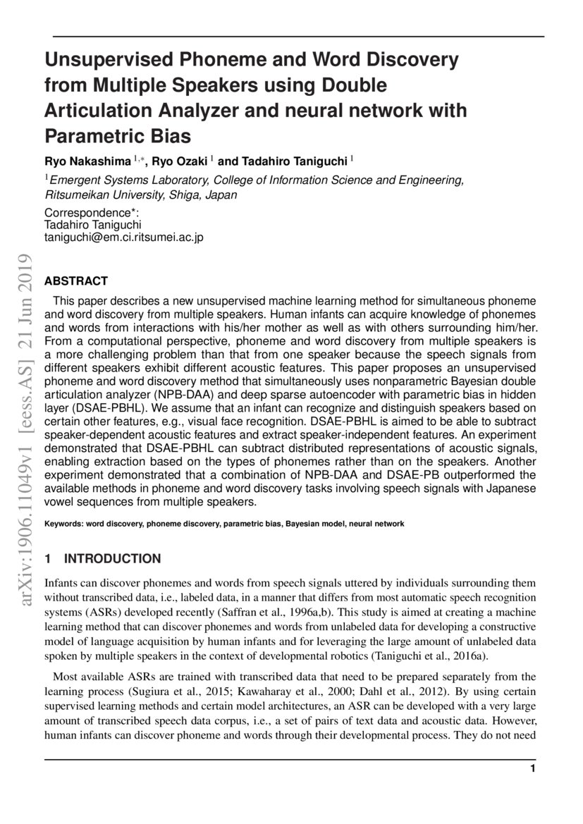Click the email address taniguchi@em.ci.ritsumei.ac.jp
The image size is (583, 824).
tap(123, 238)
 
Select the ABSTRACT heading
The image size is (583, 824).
tap(76, 281)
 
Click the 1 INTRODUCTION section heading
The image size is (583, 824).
tap(102, 559)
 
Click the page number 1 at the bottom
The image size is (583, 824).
tap(533, 768)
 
